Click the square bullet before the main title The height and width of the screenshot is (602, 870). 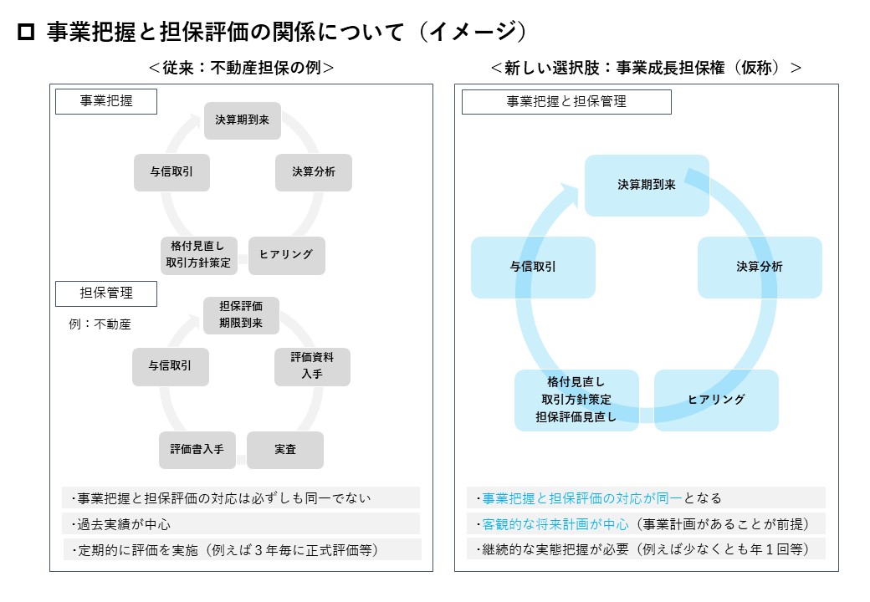26,32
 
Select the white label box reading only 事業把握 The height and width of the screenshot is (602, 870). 106,101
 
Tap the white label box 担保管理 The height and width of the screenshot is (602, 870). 106,293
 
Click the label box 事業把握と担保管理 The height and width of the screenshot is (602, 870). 566,101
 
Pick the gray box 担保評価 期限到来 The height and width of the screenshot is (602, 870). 241,315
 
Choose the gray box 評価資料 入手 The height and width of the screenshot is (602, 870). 312,366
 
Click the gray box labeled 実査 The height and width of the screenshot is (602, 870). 285,450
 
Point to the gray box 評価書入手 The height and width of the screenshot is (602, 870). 197,450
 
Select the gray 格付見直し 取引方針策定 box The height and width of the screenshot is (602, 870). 198,255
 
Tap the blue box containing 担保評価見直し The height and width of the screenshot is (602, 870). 576,400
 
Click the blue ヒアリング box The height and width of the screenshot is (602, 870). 716,400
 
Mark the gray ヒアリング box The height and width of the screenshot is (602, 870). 286,255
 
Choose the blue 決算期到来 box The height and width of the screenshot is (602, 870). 647,185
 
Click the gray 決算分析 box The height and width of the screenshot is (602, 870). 314,172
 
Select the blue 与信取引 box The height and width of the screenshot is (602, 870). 533,268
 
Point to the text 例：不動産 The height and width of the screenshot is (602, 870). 100,324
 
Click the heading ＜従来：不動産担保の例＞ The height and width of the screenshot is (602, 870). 242,68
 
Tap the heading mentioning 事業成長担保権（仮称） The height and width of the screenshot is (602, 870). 647,68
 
